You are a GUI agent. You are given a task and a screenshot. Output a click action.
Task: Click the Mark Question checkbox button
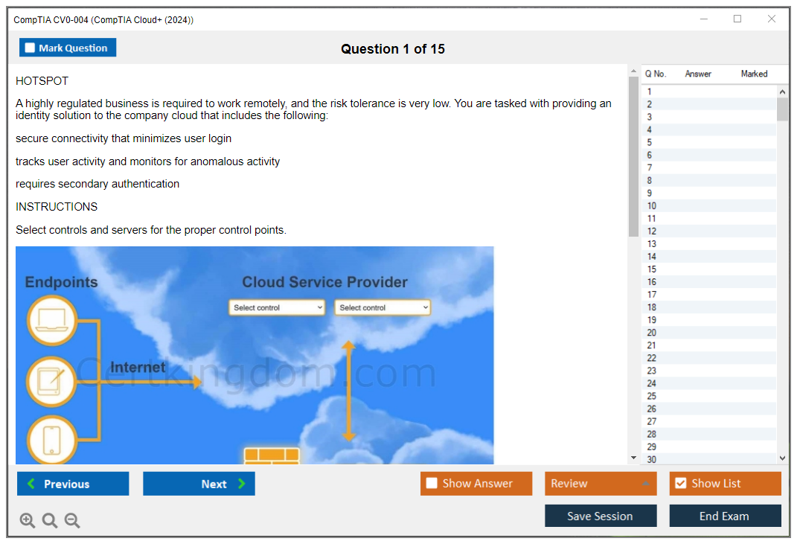pos(67,48)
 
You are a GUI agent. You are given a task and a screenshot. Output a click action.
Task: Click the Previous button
pos(73,483)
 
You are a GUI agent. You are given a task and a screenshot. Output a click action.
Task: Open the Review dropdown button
pos(601,483)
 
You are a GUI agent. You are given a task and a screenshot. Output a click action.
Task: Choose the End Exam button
pos(725,516)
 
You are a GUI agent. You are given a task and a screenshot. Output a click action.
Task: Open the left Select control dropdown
pos(277,307)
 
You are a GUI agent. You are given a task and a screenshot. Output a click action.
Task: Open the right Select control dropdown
pos(383,307)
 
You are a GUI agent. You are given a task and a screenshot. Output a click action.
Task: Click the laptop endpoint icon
pos(51,321)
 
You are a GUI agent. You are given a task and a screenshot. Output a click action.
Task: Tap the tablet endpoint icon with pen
pos(51,381)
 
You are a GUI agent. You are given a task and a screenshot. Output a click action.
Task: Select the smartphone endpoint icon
pos(51,440)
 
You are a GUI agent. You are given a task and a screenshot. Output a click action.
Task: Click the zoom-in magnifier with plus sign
pos(27,520)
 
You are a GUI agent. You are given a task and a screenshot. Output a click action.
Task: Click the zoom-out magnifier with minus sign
pos(72,520)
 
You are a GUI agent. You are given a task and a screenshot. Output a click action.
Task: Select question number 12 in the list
pos(651,231)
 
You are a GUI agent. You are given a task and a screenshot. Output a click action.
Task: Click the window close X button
pos(772,19)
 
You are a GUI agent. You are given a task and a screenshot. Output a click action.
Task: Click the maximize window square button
pos(737,19)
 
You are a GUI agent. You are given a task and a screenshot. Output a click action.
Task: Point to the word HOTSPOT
pos(42,81)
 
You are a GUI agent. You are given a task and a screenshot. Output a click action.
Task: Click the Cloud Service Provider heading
pos(324,282)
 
